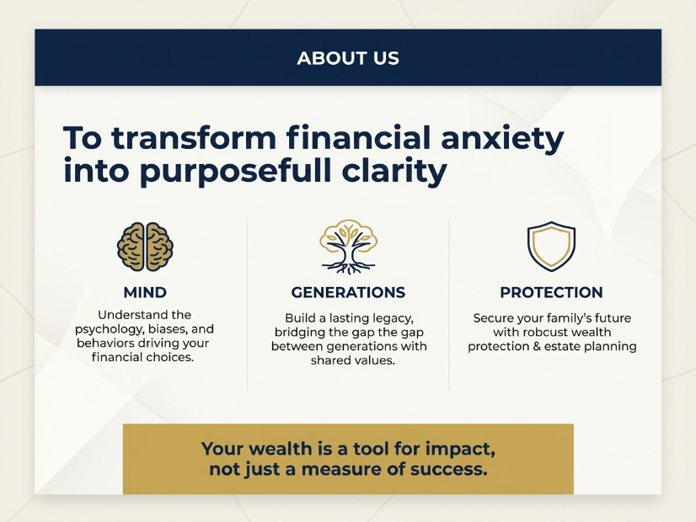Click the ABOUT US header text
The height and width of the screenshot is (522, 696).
point(348,58)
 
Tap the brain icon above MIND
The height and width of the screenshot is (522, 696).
point(145,247)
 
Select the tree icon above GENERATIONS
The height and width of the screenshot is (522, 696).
point(349,247)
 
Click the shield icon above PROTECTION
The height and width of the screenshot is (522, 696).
point(551,247)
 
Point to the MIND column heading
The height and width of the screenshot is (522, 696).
point(145,292)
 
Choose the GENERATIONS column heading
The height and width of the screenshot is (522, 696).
point(349,292)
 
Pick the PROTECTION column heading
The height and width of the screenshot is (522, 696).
point(551,292)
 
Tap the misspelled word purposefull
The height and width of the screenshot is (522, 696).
point(236,172)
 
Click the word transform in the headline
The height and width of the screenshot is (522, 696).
point(194,138)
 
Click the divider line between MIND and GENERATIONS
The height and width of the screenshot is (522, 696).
point(247,305)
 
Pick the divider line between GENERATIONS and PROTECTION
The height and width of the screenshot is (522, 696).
point(449,305)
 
